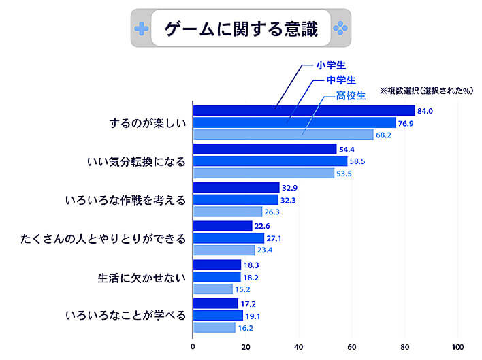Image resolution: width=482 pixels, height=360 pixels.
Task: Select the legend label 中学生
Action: coord(341,80)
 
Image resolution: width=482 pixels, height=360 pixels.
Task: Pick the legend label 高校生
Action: coord(351,95)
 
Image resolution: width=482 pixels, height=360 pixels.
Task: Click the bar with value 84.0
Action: coord(304,111)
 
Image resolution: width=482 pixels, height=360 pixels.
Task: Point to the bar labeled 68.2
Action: coord(283,135)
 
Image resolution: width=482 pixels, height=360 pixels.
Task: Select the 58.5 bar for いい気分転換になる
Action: coord(270,161)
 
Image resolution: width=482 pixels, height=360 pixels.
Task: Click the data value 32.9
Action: coord(291,187)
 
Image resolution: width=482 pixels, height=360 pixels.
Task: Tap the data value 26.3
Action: coord(273,212)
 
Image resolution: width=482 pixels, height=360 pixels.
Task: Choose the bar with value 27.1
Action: coord(228,238)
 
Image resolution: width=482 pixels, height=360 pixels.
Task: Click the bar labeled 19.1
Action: coord(218,315)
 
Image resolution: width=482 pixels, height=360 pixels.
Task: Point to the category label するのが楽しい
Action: coord(147,123)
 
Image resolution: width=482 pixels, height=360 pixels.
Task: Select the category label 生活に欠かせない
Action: coord(138,277)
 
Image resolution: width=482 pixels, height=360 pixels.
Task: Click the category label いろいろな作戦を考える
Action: coord(125,200)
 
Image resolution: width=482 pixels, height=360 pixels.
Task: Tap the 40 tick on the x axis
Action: coord(299,345)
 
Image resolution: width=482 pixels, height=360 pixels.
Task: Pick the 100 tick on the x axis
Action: coord(457,345)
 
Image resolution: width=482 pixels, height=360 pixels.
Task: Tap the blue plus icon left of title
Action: coord(141,29)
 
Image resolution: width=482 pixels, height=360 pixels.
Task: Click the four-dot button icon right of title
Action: coord(339,29)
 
